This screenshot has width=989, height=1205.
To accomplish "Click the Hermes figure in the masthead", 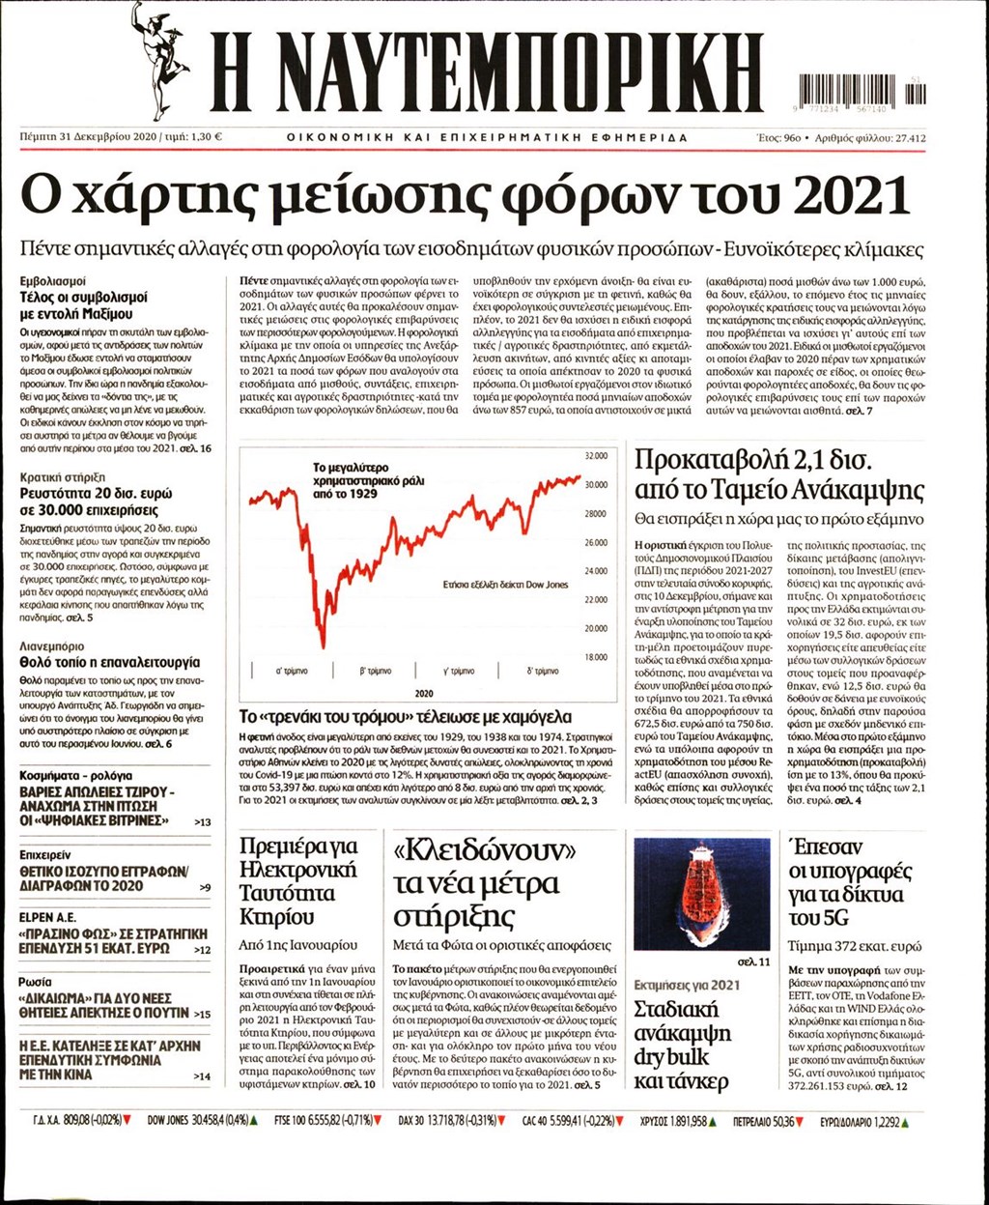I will tap(160, 59).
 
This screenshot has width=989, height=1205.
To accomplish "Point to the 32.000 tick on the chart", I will tap(596, 456).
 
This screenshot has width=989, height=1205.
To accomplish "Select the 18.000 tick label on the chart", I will tap(596, 657).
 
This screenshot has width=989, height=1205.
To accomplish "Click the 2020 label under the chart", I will tap(424, 694).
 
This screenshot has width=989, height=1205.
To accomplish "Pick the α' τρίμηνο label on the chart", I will tap(292, 670).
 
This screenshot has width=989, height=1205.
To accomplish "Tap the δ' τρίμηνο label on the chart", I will tap(543, 670).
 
